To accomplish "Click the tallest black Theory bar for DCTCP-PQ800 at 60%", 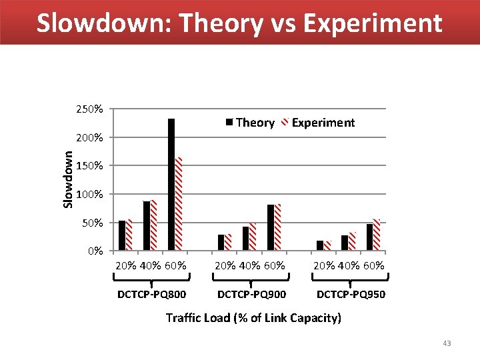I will pos(171,185).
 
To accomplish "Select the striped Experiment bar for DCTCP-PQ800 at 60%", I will pos(179,204).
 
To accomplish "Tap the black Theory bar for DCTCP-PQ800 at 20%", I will pos(122,235).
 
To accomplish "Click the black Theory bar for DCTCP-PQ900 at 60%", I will pos(271,227).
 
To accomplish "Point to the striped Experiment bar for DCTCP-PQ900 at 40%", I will pos(253,237).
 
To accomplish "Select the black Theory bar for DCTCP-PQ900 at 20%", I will pos(221,243).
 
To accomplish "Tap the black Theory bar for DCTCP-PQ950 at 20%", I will pos(320,245).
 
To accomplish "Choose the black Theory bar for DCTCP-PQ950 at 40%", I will pos(345,243).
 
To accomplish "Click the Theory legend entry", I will pos(250,123).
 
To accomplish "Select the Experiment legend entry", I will pos(319,123).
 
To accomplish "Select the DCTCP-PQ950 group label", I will pos(350,294).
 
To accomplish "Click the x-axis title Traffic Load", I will pos(253,318).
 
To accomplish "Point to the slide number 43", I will pos(447,343).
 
